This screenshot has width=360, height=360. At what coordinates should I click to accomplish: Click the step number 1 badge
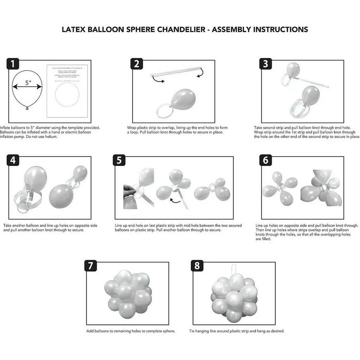click(x=14, y=64)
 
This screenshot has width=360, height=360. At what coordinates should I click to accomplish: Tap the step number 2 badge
click(x=137, y=64)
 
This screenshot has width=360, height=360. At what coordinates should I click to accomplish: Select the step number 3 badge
click(x=265, y=64)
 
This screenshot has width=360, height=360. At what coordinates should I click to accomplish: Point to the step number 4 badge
click(x=14, y=160)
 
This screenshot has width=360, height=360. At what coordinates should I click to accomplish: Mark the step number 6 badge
click(x=265, y=160)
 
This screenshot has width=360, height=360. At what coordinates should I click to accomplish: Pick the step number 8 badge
click(x=197, y=266)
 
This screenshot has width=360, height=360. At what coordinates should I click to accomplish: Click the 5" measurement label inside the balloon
click(x=28, y=83)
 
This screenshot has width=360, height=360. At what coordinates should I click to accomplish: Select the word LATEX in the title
click(x=73, y=30)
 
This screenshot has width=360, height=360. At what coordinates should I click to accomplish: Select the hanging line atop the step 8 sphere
click(x=237, y=270)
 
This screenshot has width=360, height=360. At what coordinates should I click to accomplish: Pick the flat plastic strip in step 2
click(x=176, y=71)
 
